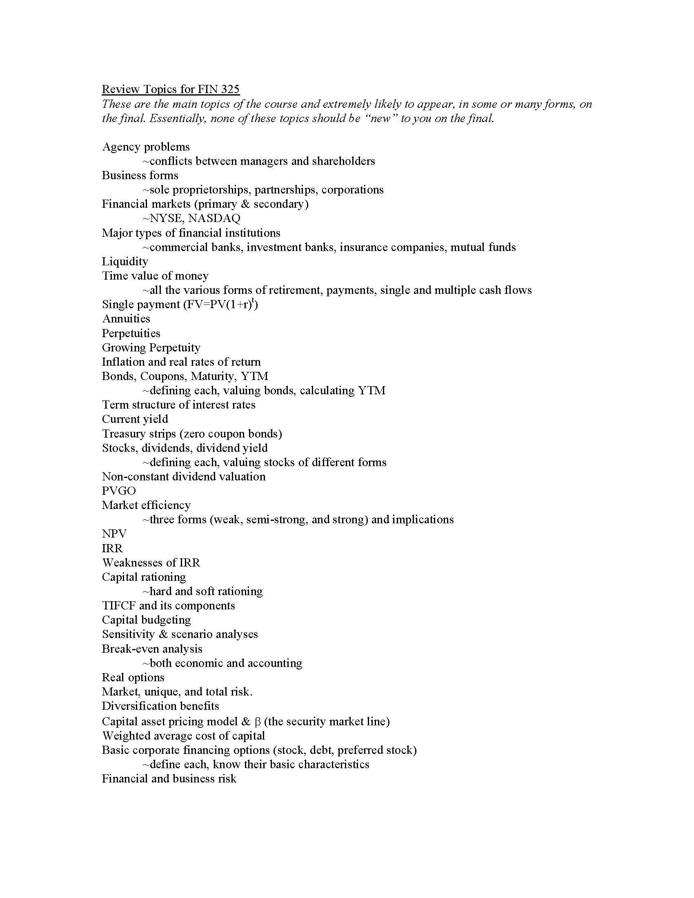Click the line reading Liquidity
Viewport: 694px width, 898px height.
125,262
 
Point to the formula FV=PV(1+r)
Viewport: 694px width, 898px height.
223,305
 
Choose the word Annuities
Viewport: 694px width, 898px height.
126,319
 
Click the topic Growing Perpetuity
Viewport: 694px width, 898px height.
151,347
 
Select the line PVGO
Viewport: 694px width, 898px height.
119,491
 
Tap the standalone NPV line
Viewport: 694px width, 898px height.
114,534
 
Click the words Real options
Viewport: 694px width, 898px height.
133,677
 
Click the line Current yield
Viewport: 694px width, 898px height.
135,419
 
